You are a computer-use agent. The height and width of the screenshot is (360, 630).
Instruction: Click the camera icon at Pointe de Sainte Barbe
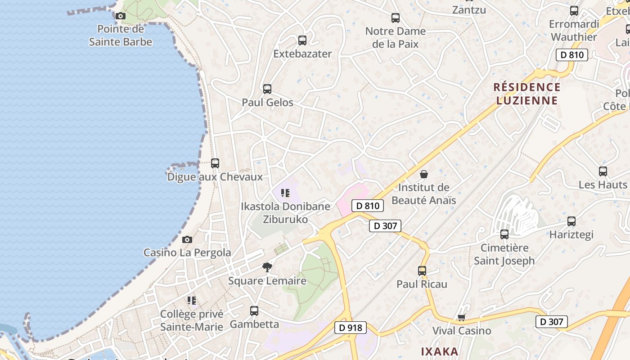coord(120,16)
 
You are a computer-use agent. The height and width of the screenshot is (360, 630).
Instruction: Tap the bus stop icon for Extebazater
coord(302,40)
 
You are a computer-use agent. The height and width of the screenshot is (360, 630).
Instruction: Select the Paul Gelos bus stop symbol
coord(267,89)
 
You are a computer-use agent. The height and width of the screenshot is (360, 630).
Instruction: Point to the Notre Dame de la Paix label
coord(395,38)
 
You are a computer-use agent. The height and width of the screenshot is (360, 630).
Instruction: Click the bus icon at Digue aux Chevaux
coord(215,163)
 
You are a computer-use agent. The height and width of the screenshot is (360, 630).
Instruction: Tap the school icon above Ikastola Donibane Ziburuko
coord(285,193)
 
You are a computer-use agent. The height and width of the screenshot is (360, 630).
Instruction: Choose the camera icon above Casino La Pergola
coord(187,240)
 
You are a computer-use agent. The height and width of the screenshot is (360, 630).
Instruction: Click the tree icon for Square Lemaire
coord(267,267)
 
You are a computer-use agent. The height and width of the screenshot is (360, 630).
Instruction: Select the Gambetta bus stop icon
coord(254,311)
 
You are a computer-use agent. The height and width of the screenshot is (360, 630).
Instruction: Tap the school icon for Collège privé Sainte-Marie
coord(192,300)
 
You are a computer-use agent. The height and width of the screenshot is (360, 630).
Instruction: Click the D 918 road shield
coord(351,328)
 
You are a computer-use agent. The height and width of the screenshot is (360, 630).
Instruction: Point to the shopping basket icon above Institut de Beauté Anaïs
coord(423,174)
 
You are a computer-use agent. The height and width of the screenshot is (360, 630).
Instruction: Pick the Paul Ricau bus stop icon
coord(422,271)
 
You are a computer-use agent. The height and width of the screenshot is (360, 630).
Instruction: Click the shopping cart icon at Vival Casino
coord(461,318)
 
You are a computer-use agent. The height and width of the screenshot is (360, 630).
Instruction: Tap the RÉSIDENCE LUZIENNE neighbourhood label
coord(527,94)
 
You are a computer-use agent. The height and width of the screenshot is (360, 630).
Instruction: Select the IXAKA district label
coord(440,351)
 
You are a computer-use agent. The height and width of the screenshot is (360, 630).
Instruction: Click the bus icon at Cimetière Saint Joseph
coord(504,234)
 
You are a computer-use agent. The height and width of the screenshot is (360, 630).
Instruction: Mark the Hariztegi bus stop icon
coord(571,221)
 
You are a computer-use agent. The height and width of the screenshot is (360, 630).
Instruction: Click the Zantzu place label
coord(469,9)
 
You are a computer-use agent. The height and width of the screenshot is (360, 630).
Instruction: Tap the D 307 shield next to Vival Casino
coord(551,322)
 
